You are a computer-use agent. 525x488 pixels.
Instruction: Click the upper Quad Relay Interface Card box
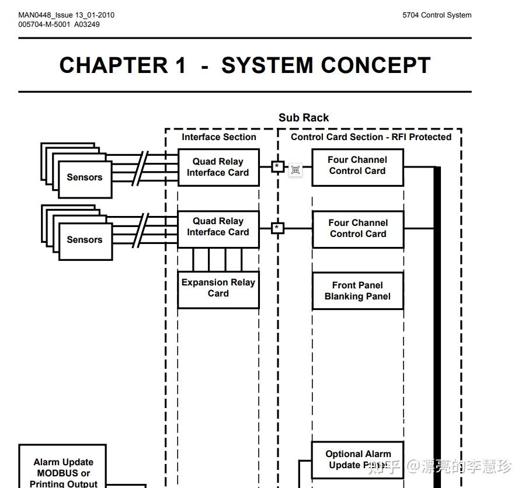click(218, 168)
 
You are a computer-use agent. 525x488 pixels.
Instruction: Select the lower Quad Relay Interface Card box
click(218, 229)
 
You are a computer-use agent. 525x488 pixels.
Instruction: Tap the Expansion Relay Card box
click(218, 290)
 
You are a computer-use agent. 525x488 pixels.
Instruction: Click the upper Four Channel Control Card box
click(357, 168)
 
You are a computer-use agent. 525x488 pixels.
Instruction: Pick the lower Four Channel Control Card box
click(358, 229)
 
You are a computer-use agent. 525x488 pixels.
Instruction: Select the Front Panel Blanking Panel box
click(358, 291)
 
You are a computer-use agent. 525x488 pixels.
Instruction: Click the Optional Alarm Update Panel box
click(357, 460)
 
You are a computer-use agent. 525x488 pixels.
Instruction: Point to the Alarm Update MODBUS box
click(62, 466)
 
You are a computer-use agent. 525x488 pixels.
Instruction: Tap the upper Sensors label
click(85, 177)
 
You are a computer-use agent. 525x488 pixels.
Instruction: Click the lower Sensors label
click(85, 240)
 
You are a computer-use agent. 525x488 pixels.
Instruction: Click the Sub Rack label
click(304, 118)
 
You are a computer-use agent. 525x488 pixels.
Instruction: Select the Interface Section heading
click(219, 137)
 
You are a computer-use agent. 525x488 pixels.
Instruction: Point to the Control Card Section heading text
click(371, 137)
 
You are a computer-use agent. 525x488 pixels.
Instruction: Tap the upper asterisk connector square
click(277, 166)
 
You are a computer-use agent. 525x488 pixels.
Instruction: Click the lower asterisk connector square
click(277, 228)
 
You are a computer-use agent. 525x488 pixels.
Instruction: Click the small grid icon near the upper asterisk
click(295, 170)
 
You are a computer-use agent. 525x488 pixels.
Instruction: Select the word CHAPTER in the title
click(114, 65)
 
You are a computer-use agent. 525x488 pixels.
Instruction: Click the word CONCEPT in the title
click(376, 65)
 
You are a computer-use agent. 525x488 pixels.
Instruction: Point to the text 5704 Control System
click(437, 15)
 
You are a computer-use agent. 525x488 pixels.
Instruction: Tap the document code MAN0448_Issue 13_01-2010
click(67, 15)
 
